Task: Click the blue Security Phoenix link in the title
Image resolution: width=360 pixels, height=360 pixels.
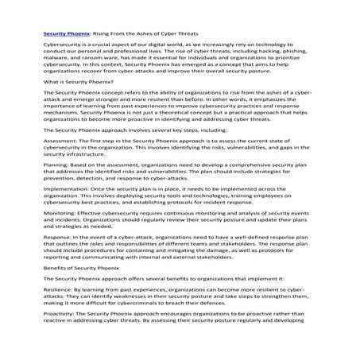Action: tap(67, 35)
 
